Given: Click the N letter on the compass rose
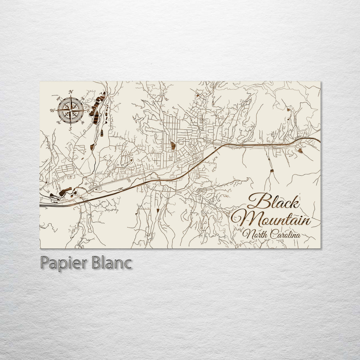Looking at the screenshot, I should point(71,92).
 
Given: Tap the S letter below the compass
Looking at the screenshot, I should point(70,129).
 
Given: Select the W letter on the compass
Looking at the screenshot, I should point(52,110).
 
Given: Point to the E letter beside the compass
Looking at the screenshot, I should point(88,110).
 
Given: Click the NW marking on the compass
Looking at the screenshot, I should point(58,98).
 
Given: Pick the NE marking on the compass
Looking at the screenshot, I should point(83,98).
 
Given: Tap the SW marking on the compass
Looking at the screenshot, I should point(58,122).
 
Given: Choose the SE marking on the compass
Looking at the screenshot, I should point(83,122).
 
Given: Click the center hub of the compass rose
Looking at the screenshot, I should point(70,110).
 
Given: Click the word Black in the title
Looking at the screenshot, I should point(274,201).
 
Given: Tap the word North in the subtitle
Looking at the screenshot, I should point(255,234).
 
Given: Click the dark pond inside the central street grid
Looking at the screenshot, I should point(173,145).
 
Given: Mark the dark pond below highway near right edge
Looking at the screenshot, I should point(300,151).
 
